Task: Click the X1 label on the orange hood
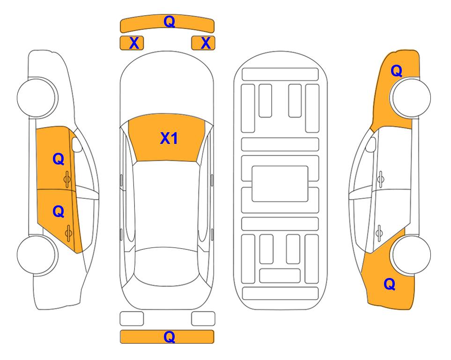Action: tap(169, 138)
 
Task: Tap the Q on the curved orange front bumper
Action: tap(170, 21)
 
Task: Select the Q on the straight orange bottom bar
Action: tap(170, 337)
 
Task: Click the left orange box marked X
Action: tap(132, 43)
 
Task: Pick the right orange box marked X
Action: tap(203, 43)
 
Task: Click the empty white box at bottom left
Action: tap(132, 319)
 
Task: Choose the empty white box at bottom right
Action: tap(203, 319)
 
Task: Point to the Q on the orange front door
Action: tap(59, 159)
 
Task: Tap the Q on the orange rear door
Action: tap(59, 212)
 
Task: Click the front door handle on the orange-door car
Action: tap(67, 179)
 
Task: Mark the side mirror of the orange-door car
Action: tap(77, 144)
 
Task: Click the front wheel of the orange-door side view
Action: tap(37, 98)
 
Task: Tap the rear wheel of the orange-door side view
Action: tap(37, 255)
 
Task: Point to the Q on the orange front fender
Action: tap(396, 71)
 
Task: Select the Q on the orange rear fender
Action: tap(390, 284)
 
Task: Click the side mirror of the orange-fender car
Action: tap(370, 144)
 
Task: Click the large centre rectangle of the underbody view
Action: tap(280, 184)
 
